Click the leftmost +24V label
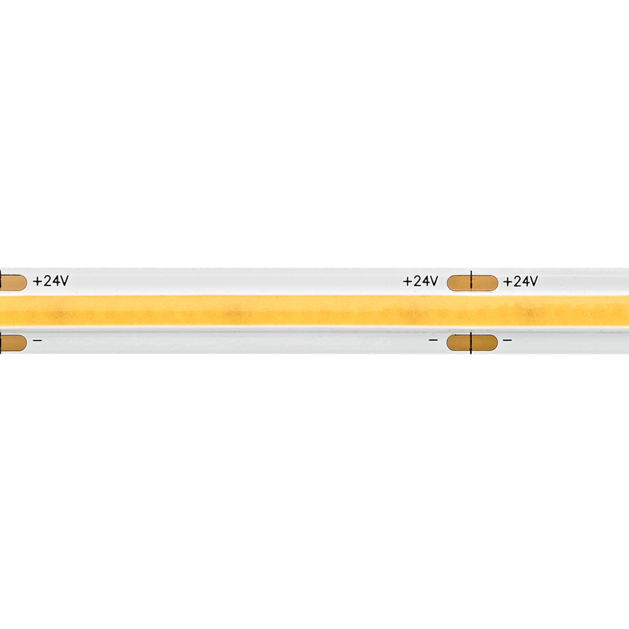click(51, 281)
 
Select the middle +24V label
click(420, 281)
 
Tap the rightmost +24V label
click(520, 281)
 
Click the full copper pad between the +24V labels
click(472, 283)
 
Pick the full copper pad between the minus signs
click(472, 343)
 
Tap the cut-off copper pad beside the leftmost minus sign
click(13, 343)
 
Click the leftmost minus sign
click(37, 340)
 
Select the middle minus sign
click(433, 340)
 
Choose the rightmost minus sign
click(508, 340)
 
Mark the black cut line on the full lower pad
click(471, 343)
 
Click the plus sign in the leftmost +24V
click(37, 281)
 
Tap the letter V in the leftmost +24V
click(63, 281)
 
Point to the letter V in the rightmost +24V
click(533, 281)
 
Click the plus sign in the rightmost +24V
click(507, 282)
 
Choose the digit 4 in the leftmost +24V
click(55, 281)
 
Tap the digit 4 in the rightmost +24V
click(525, 281)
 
